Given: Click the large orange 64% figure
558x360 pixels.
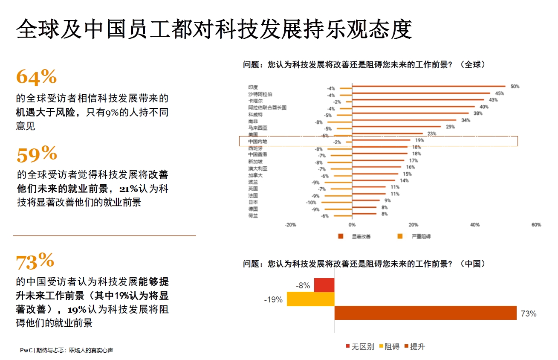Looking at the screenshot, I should tap(36, 77).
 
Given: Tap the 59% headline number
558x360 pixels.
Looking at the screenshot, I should tap(37, 154).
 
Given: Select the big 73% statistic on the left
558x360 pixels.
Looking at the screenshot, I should tap(35, 261).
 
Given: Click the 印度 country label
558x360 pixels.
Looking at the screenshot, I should tap(253, 87).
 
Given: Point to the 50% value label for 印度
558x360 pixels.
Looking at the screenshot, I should tap(515, 87).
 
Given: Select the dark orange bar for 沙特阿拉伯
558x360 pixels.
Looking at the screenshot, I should tap(421, 93).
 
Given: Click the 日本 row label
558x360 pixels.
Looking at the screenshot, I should tap(253, 202).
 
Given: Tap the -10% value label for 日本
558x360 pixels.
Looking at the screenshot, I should tap(311, 203).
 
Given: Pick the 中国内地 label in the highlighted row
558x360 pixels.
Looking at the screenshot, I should tap(258, 142).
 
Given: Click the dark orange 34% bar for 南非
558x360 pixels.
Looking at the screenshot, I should tap(404, 120).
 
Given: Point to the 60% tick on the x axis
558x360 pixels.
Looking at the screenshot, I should tap(536, 225).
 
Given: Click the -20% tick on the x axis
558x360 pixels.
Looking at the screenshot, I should tap(290, 225).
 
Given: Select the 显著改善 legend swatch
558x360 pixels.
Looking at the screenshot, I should tap(341, 236).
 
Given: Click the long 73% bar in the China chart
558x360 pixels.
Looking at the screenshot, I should tap(425, 313).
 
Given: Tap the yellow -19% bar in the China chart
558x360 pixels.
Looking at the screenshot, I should tap(310, 299).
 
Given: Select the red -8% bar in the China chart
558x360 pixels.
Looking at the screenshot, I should tap(324, 285).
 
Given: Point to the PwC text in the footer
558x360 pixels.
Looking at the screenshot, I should tap(26, 350).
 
